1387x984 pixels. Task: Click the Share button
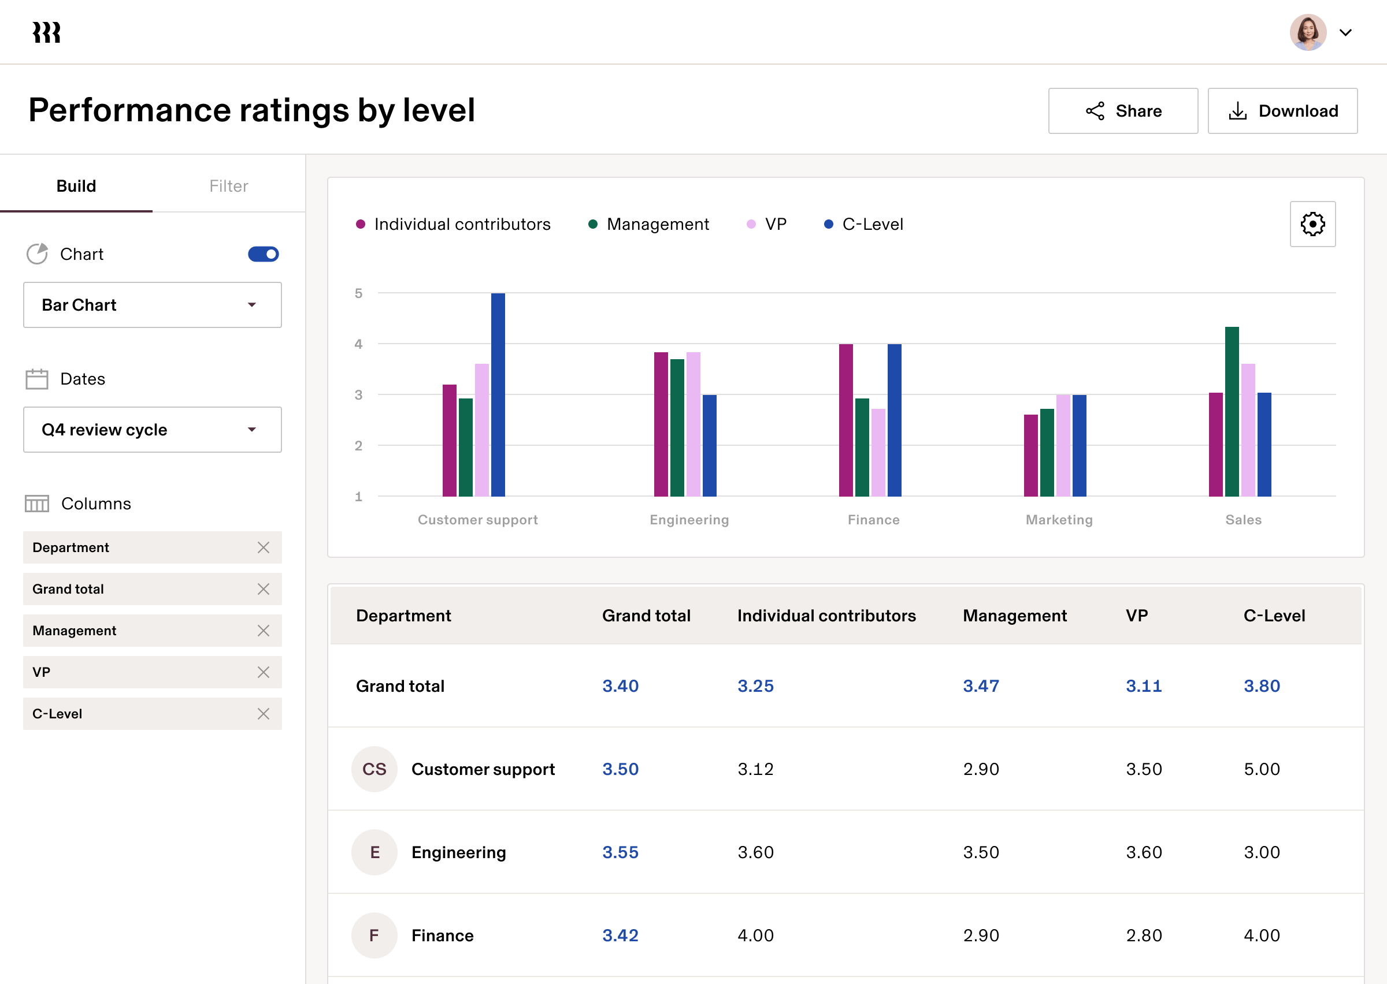[x=1123, y=111]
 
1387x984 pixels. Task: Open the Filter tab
[x=228, y=186]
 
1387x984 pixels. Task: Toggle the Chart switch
[x=263, y=254]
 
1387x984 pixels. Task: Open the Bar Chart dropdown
[x=152, y=305]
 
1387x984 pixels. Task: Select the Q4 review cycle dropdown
[x=152, y=430]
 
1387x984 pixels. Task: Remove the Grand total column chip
[x=263, y=589]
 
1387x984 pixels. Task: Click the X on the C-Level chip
[x=263, y=714]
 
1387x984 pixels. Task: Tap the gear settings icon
[x=1312, y=224]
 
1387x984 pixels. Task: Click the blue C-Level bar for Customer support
[x=498, y=394]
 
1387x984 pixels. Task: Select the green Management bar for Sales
[x=1231, y=411]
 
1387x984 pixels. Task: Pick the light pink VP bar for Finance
[x=878, y=453]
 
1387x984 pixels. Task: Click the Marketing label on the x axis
[x=1059, y=520]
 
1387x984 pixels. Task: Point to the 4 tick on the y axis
[x=358, y=344]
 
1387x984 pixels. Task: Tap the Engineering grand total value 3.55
[x=620, y=852]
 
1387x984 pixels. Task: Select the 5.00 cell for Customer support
[x=1262, y=769]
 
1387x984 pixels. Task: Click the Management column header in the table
[x=1014, y=616]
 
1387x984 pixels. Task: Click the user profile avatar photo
[x=1308, y=32]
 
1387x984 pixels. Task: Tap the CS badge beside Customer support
[x=374, y=769]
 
